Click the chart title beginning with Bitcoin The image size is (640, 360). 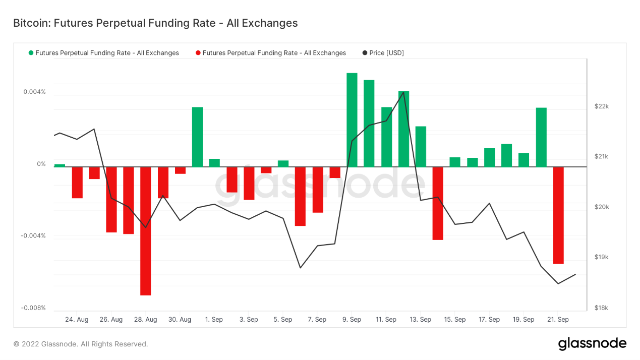pos(155,23)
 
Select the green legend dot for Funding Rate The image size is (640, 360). pos(31,53)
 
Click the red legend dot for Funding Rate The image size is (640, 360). pos(198,53)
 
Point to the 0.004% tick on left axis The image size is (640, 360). pos(34,92)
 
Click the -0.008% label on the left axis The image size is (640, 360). pos(33,308)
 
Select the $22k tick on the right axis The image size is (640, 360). pos(602,106)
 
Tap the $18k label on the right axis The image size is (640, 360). pos(602,308)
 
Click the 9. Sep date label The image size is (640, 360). pos(352,320)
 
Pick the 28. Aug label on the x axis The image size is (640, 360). pos(145,320)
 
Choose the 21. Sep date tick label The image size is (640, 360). pos(558,320)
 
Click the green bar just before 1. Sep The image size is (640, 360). pos(197,137)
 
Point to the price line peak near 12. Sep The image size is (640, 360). pos(403,92)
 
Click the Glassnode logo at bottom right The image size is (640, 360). pos(592,344)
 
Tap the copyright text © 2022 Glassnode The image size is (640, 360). pos(81,344)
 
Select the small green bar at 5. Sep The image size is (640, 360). pos(283,163)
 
